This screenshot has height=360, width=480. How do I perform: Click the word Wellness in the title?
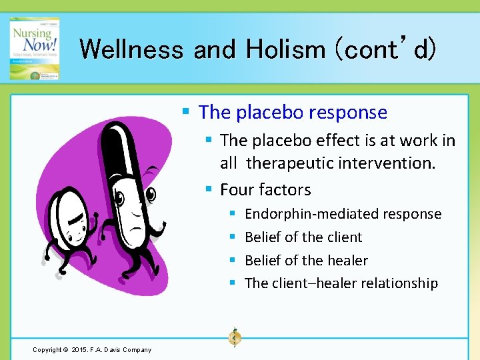(x=132, y=49)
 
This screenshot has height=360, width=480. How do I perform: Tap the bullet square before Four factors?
(x=209, y=191)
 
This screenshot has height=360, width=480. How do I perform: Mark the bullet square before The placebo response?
(x=187, y=113)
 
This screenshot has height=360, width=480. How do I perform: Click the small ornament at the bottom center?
(x=234, y=338)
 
